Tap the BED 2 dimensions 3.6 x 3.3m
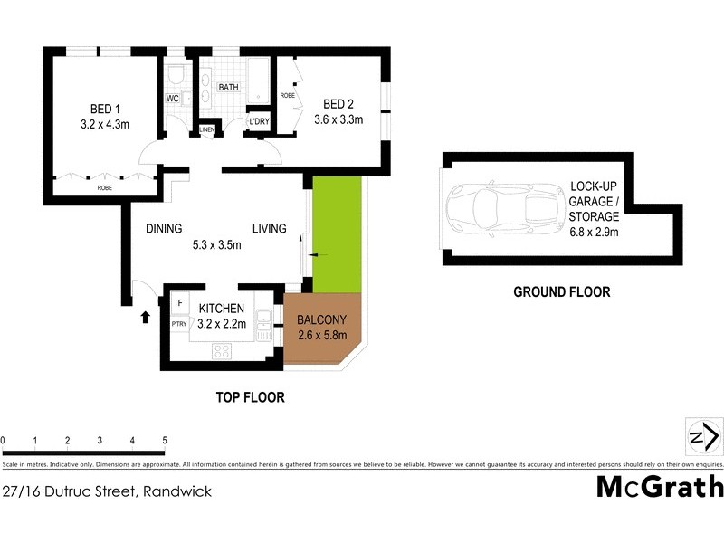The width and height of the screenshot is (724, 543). (338, 119)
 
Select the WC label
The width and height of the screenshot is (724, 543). (173, 98)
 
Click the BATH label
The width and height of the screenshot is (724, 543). (227, 87)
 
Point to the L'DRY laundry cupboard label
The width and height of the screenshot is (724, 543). (258, 121)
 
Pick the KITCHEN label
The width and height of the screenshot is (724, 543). (223, 309)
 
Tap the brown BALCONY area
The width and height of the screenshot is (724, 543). (322, 329)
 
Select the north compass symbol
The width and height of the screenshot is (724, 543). (703, 438)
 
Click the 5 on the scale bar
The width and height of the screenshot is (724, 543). (165, 441)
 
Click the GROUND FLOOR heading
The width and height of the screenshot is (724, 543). (561, 292)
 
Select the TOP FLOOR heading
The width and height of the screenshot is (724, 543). (250, 397)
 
